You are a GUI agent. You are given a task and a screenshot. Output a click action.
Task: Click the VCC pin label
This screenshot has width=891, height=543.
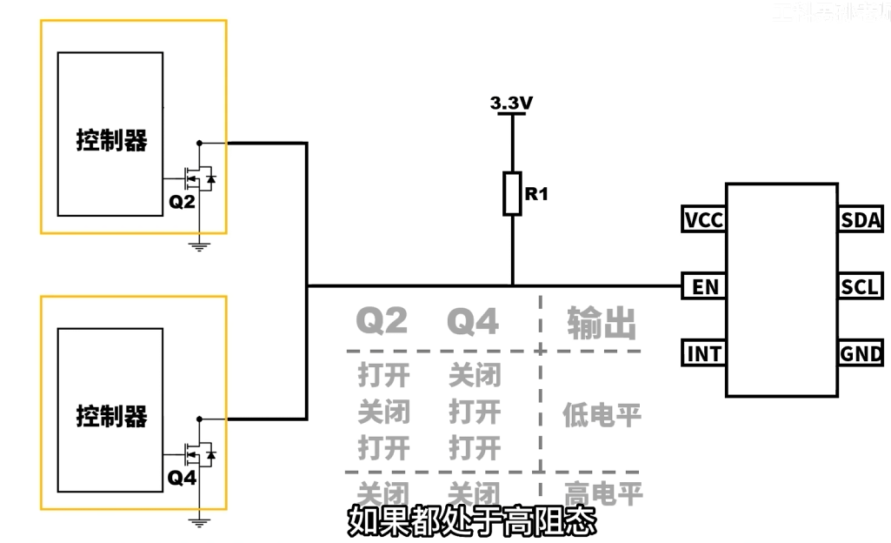(x=703, y=219)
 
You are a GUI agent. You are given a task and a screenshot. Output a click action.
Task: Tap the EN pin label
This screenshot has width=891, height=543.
(x=703, y=286)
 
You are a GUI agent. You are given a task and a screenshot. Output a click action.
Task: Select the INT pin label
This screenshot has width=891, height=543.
(x=703, y=354)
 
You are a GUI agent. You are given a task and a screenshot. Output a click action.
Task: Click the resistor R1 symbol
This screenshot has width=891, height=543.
(x=512, y=193)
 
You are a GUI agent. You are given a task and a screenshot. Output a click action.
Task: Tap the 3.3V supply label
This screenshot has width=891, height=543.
(x=511, y=104)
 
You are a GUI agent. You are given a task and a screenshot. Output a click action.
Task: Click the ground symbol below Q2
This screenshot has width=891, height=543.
(x=200, y=246)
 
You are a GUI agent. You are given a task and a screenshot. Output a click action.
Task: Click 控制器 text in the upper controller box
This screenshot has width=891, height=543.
(x=111, y=140)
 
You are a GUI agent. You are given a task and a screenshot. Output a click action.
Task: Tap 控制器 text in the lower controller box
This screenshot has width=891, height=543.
(x=111, y=416)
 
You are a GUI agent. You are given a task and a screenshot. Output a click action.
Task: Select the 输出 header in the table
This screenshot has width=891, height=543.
(x=602, y=323)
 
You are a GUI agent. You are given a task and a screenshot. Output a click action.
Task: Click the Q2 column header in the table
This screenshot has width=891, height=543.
(x=382, y=322)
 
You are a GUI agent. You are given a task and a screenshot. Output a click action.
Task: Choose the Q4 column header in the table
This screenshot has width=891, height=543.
(x=473, y=322)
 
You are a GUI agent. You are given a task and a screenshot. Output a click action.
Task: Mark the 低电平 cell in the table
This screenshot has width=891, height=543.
(x=602, y=414)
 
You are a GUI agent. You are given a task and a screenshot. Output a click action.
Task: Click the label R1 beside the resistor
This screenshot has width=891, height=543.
(x=536, y=194)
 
